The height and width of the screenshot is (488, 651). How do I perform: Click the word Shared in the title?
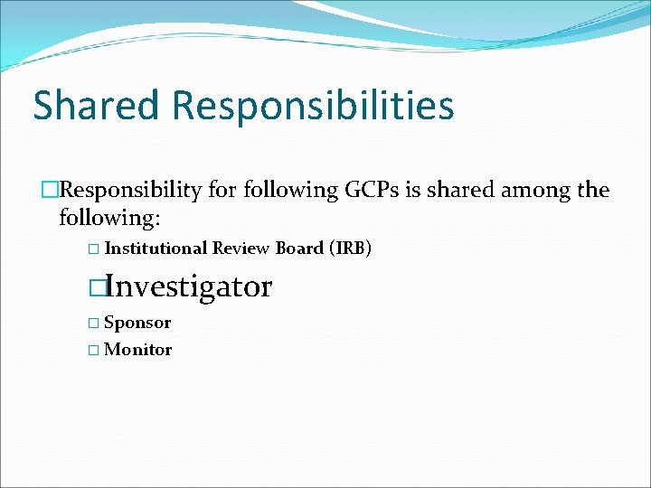click(x=94, y=105)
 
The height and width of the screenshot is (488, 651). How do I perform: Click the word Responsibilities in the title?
click(x=312, y=107)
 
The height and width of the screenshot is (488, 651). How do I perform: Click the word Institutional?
click(x=156, y=249)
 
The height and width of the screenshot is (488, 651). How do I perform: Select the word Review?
click(x=241, y=249)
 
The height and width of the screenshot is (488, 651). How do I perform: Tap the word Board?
click(x=299, y=249)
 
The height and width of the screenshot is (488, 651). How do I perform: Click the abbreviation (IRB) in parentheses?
click(x=351, y=249)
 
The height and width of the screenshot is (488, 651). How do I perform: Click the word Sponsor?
click(x=137, y=323)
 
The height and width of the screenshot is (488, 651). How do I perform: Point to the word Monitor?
click(x=138, y=350)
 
